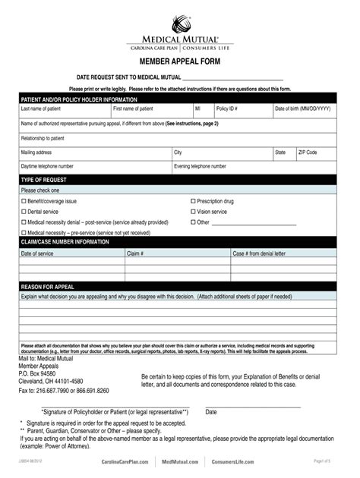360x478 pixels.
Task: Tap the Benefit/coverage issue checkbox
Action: (23, 201)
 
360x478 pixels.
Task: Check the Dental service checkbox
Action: (23, 212)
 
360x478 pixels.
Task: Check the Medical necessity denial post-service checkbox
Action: (23, 222)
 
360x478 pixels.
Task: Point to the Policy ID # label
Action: (227, 108)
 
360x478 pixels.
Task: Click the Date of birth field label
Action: (303, 108)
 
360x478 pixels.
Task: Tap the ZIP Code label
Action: (308, 153)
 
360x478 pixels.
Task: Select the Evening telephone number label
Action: (201, 165)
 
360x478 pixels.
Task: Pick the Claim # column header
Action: (135, 253)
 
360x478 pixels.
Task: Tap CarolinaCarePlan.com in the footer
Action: (126, 461)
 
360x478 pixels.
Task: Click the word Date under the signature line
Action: (211, 412)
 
